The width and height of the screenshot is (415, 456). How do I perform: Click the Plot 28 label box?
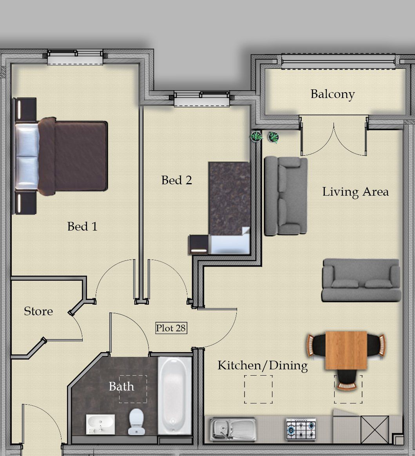pos(171,328)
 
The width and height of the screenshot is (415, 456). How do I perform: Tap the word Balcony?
pos(332,94)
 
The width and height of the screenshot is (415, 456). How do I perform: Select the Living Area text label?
pos(355,192)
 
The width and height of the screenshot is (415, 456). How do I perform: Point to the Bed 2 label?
pos(177,180)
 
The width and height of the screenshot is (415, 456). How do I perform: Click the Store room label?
pos(38,311)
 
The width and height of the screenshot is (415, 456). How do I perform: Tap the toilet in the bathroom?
pos(136,421)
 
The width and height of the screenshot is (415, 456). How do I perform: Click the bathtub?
pos(174,396)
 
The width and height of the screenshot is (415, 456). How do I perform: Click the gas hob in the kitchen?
pos(301,429)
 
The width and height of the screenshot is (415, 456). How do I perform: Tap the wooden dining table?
pos(346,350)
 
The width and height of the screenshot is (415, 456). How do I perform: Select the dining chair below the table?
pos(346,380)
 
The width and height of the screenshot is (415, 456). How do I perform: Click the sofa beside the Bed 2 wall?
pos(286,196)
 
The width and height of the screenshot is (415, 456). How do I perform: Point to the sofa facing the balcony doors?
pos(361,280)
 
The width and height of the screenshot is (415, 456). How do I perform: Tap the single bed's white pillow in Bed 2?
pos(230,241)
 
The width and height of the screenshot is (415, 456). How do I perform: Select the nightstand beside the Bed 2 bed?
pos(199,245)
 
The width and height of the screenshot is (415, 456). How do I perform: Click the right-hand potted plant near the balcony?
pos(274,137)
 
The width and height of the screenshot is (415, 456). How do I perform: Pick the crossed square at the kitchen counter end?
pos(375,430)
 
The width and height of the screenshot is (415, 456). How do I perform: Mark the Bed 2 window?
pos(202,99)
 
